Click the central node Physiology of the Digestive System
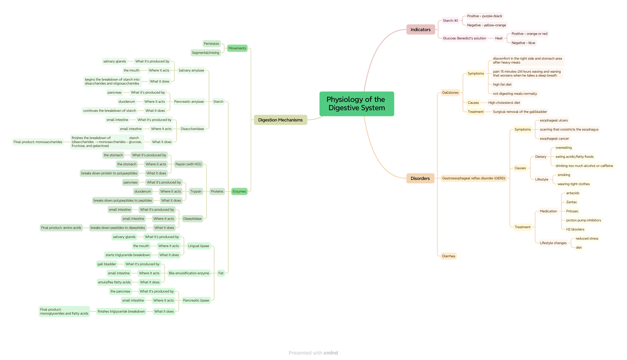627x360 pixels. coord(356,104)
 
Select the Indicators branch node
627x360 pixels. coord(421,30)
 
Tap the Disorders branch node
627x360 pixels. coord(420,179)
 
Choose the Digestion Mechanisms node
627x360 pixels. coord(280,120)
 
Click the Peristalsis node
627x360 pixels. coord(212,44)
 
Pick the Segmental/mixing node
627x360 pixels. coord(205,53)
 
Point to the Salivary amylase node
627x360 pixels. coord(191,71)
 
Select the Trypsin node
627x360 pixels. coord(196,192)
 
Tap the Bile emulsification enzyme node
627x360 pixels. coord(189,273)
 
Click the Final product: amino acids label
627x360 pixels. coord(62,228)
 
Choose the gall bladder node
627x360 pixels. coord(107,264)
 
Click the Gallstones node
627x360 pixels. coord(450,92)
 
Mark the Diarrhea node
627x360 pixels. coord(448,256)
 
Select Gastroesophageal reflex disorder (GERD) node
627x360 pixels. coord(474,178)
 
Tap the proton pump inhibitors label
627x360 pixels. coord(583,220)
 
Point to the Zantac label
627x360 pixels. coord(572,202)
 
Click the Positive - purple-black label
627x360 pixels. coord(484,16)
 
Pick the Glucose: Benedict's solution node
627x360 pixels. coord(465,38)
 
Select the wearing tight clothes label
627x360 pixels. coord(573,184)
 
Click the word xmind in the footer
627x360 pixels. coord(331,353)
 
